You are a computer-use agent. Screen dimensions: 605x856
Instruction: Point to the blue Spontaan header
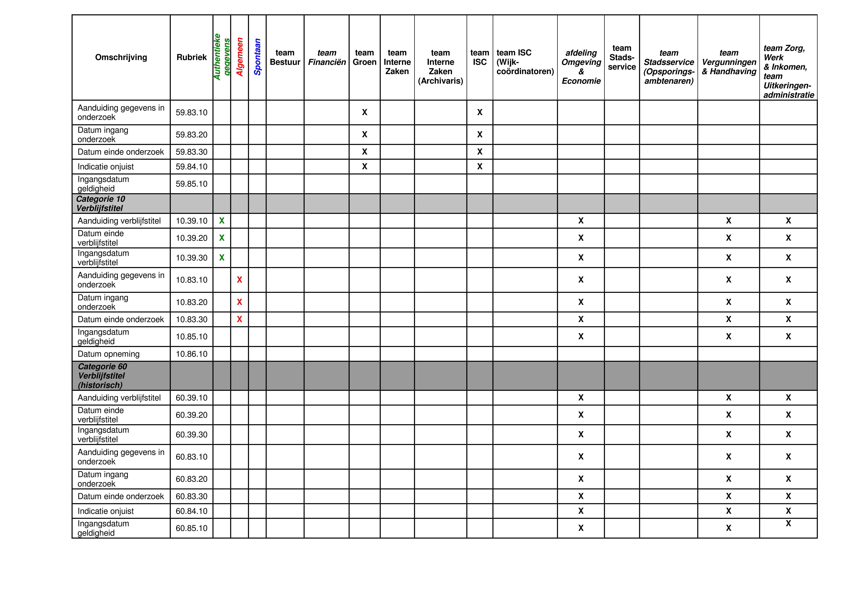click(x=257, y=57)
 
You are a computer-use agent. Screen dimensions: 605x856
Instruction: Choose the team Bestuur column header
click(x=285, y=57)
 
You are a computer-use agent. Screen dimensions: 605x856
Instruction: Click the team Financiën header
click(x=327, y=57)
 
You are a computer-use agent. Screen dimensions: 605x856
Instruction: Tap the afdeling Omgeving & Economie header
click(x=581, y=67)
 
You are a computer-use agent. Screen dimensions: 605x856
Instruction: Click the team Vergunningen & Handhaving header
click(x=729, y=62)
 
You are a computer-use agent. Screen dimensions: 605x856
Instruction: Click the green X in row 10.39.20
click(x=222, y=238)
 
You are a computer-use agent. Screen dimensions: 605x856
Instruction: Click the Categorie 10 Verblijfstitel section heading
click(x=101, y=204)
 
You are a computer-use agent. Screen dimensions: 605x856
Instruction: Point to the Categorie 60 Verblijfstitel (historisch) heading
click(x=102, y=376)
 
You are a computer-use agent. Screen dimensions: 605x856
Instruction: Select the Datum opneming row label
click(x=108, y=354)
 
